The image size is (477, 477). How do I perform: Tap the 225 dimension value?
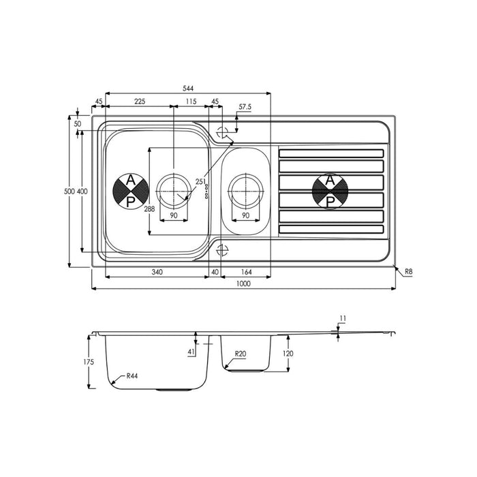point(140,102)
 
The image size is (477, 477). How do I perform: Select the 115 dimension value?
point(190,102)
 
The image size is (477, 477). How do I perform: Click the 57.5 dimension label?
point(245,107)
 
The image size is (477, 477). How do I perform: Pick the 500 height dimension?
point(68,191)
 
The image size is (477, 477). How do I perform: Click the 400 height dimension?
point(82,191)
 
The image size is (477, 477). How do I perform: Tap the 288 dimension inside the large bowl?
point(149,209)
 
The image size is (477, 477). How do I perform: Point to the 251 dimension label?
point(201,181)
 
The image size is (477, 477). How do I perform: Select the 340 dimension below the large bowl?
point(157,273)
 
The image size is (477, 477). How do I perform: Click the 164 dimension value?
point(246,273)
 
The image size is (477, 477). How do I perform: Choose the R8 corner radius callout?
point(409,272)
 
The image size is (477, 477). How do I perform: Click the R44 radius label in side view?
point(132,376)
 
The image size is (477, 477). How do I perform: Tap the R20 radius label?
point(240,354)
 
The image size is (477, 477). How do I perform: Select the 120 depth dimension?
point(288,354)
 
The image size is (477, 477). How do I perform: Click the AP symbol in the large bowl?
point(128,191)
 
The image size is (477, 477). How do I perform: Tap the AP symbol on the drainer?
point(330,191)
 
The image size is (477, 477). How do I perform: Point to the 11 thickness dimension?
point(343,318)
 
